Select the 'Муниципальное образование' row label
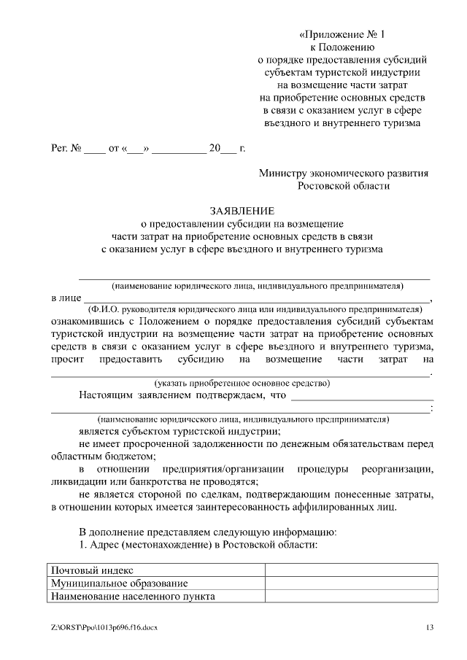[x=118, y=583]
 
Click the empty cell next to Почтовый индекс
[x=352, y=570]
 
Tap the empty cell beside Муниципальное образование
[x=352, y=583]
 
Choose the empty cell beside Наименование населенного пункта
[x=352, y=596]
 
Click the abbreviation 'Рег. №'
[x=65, y=149]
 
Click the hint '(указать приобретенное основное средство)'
[x=242, y=383]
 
